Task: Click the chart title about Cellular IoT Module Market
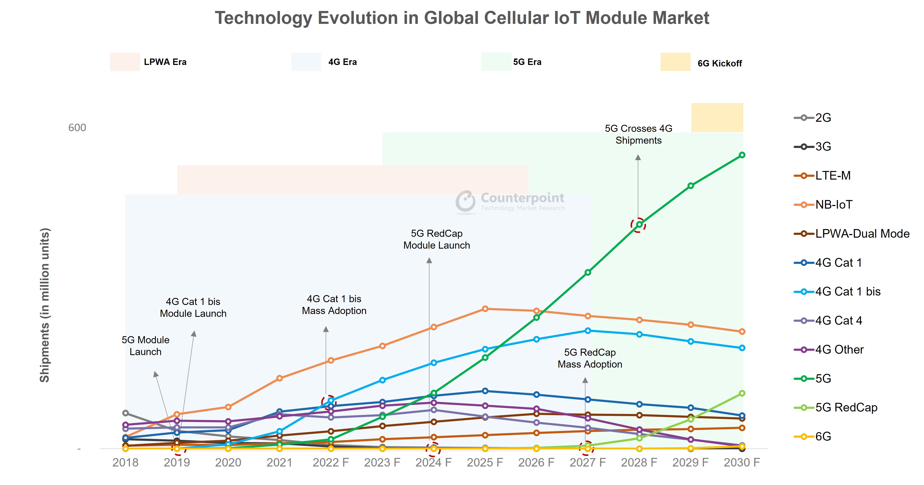pyautogui.click(x=462, y=18)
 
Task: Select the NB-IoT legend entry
pyautogui.click(x=833, y=205)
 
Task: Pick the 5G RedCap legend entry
pyautogui.click(x=846, y=407)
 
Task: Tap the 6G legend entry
pyautogui.click(x=823, y=437)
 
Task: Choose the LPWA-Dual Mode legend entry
pyautogui.click(x=862, y=234)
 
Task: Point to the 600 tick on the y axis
pyautogui.click(x=77, y=128)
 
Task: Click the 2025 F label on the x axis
pyautogui.click(x=485, y=462)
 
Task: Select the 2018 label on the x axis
pyautogui.click(x=125, y=462)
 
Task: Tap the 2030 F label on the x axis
pyautogui.click(x=742, y=462)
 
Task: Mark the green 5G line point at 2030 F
pyautogui.click(x=742, y=155)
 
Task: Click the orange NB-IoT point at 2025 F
pyautogui.click(x=485, y=309)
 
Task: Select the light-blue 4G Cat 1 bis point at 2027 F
pyautogui.click(x=588, y=331)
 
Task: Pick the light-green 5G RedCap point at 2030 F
pyautogui.click(x=742, y=393)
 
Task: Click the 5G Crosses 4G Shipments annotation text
pyautogui.click(x=638, y=134)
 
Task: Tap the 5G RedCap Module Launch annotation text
pyautogui.click(x=437, y=239)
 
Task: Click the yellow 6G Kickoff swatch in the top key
pyautogui.click(x=675, y=62)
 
